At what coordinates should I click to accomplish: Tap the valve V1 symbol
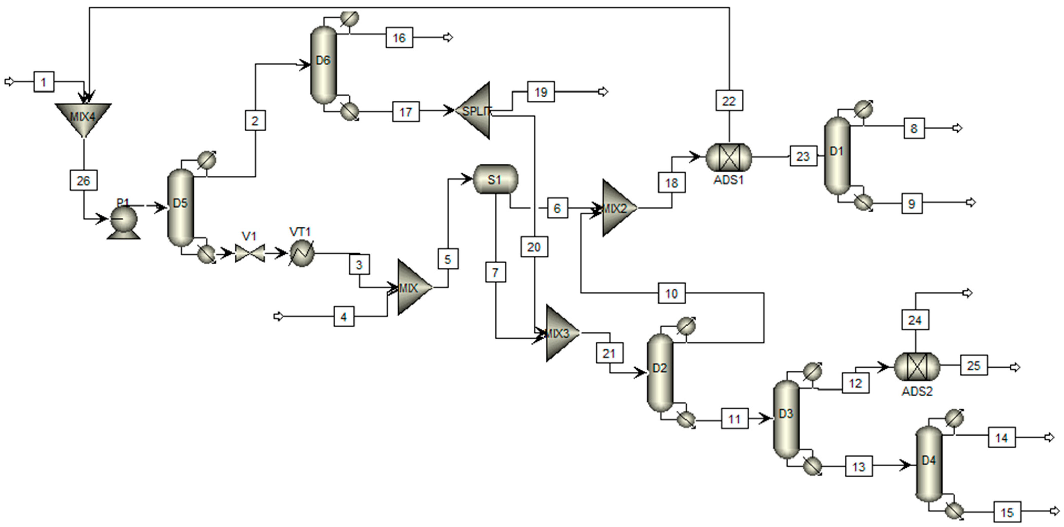[x=249, y=253]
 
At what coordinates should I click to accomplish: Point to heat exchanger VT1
[x=301, y=253]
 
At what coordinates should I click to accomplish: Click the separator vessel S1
[x=495, y=179]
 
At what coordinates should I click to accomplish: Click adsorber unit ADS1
[x=729, y=157]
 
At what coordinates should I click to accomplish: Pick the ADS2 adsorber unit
[x=917, y=367]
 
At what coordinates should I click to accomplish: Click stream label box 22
[x=729, y=101]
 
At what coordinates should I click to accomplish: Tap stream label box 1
[x=43, y=82]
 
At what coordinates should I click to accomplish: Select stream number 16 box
[x=399, y=38]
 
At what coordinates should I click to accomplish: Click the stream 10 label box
[x=671, y=293]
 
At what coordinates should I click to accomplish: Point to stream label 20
[x=534, y=247]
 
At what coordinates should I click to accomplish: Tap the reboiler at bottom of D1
[x=863, y=202]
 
